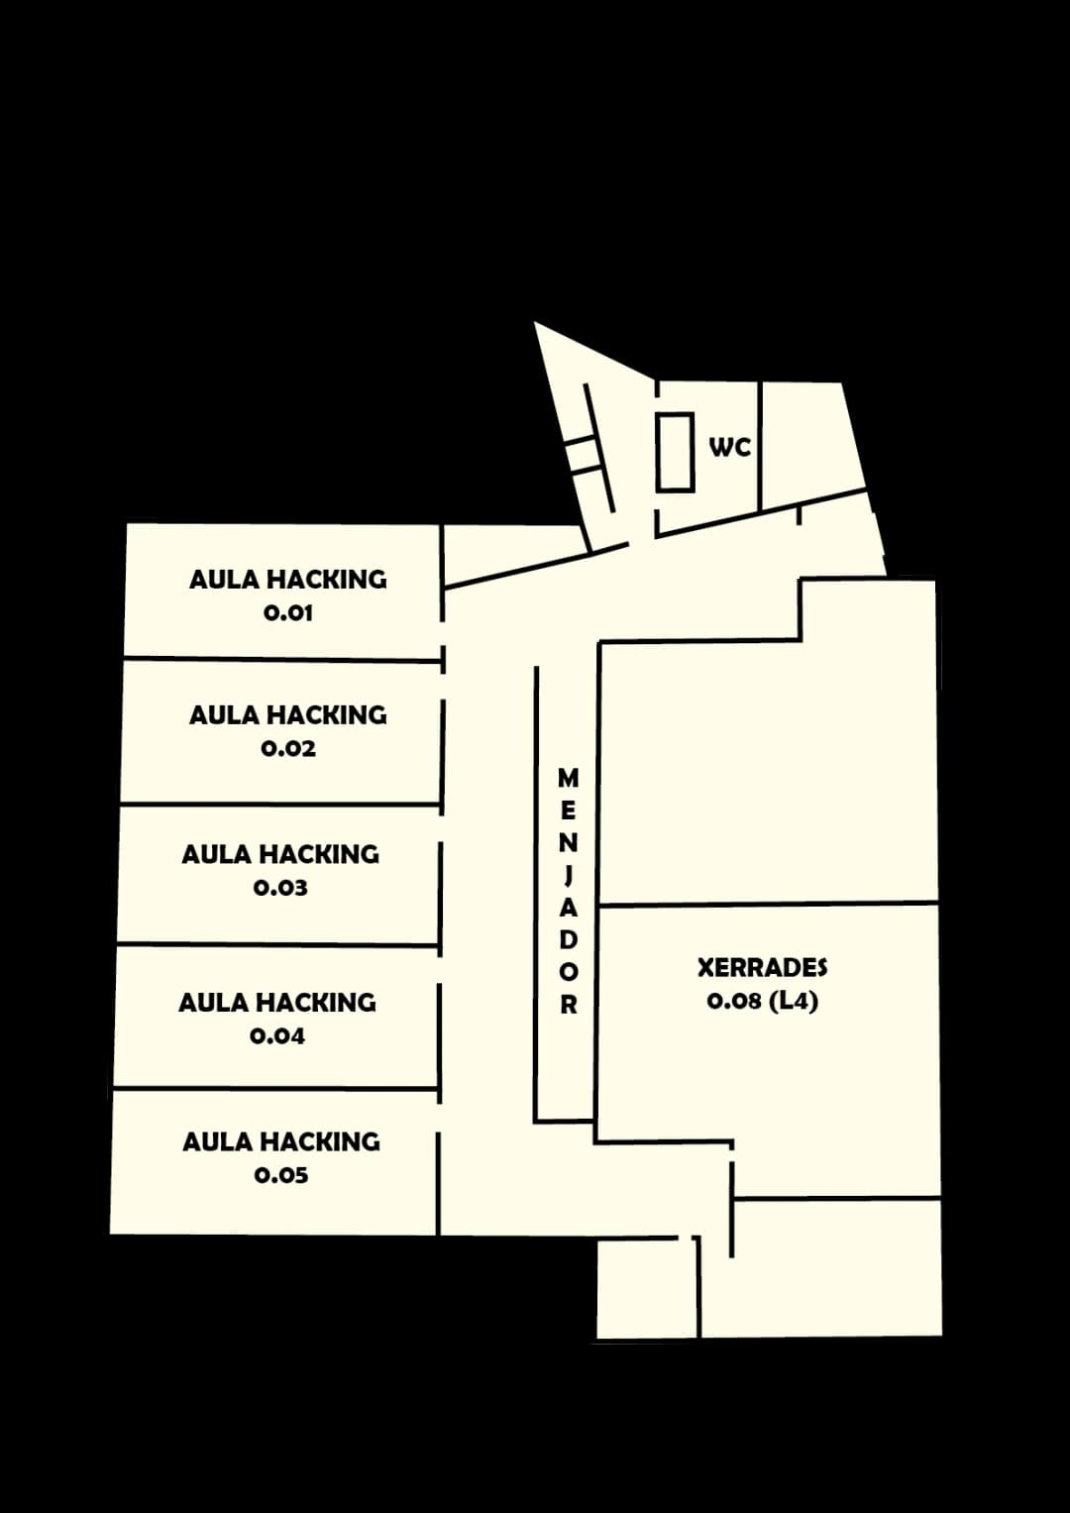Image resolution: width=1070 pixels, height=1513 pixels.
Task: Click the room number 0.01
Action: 287,613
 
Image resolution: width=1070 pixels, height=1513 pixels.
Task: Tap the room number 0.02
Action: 288,748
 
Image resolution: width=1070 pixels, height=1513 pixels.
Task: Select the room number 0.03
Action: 280,888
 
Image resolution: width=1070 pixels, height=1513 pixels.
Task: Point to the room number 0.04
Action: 277,1036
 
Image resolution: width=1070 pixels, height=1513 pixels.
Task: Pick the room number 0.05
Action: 281,1175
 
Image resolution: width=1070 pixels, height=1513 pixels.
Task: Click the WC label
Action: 730,447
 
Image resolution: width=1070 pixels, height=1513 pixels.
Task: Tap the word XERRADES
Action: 763,968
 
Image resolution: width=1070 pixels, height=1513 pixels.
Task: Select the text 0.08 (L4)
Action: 763,1001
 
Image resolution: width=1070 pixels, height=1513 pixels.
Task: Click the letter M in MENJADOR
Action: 568,778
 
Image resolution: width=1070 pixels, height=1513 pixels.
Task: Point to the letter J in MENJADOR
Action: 568,875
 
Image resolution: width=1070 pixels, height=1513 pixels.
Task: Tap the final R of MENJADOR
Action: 569,1005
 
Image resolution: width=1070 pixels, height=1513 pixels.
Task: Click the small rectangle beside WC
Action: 676,452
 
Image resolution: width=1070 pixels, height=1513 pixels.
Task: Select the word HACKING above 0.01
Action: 326,580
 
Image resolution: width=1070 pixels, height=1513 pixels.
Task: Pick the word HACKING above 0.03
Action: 319,854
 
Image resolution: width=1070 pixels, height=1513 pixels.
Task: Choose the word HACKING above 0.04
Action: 315,1003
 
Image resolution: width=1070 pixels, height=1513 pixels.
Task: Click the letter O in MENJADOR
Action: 569,973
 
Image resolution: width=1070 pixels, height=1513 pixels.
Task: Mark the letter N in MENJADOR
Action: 569,843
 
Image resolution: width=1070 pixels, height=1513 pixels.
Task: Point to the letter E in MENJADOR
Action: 569,811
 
